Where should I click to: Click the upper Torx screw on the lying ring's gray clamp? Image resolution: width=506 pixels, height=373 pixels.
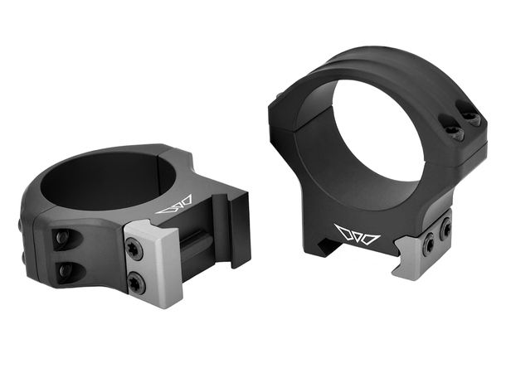coord(134,249)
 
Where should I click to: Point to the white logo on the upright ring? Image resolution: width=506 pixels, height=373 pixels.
coord(356,235)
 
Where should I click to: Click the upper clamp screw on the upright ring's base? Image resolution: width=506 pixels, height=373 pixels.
coord(446,226)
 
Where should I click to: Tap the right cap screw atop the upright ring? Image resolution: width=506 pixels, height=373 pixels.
coord(472,119)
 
